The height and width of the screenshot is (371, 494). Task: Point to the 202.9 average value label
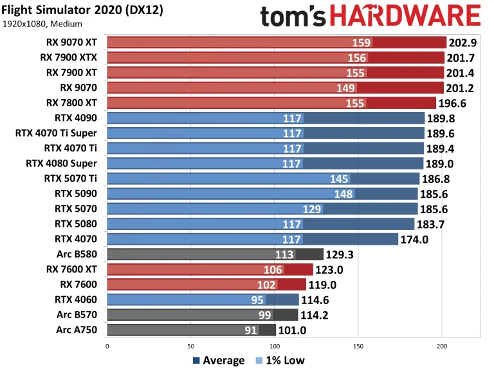click(x=464, y=43)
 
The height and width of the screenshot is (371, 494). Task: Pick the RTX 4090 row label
click(x=76, y=117)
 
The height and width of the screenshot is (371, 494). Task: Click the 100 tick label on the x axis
click(x=274, y=346)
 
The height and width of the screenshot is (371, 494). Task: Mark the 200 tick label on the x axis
click(x=442, y=346)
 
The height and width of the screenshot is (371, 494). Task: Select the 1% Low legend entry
click(x=280, y=360)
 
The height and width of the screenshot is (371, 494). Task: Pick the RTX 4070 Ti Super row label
click(x=56, y=133)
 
